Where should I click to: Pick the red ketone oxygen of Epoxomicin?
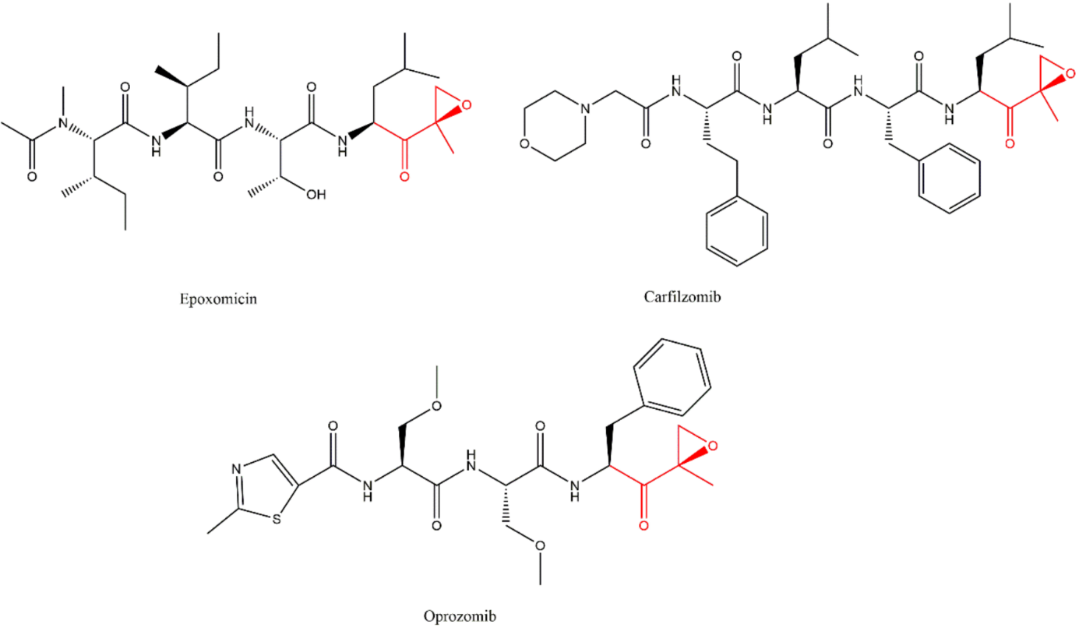point(404,177)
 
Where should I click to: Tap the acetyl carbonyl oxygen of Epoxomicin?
point(32,177)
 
